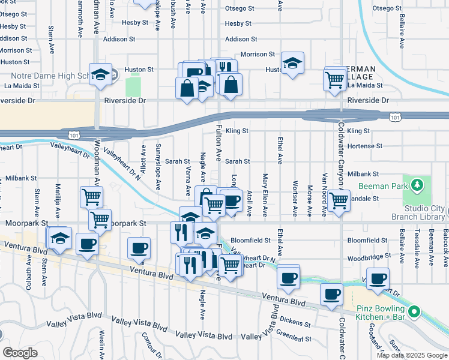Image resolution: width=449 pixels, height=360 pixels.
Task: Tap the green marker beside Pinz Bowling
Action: [x=413, y=311]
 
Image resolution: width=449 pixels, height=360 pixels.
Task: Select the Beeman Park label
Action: [x=379, y=187]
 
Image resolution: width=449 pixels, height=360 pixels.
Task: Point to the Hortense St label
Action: [x=364, y=146]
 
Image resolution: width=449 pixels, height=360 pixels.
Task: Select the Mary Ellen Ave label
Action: [x=265, y=196]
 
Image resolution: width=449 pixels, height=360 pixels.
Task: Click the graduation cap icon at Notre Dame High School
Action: [x=100, y=74]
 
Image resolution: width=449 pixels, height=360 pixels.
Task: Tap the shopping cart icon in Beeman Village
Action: [x=334, y=78]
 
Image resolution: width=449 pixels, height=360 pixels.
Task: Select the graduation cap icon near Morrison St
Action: [x=292, y=62]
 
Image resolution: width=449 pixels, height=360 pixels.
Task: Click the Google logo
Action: [x=20, y=353]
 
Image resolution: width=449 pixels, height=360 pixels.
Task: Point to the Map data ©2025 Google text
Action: [x=411, y=355]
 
